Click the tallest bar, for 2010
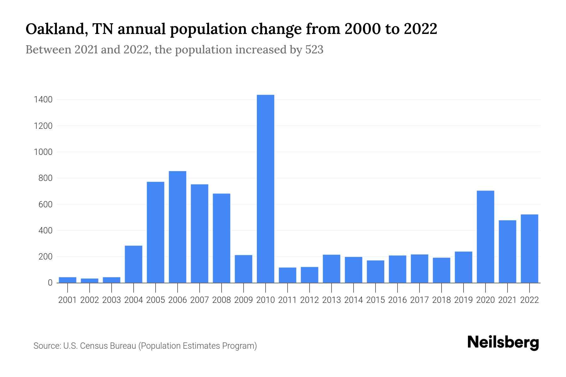[x=265, y=188]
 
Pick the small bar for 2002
[x=90, y=281]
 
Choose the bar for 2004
[x=134, y=264]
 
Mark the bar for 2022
[x=529, y=249]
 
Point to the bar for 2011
[x=287, y=275]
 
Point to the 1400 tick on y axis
[x=43, y=100]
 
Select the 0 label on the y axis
[x=50, y=283]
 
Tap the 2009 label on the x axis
[x=243, y=300]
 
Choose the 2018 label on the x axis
[x=441, y=300]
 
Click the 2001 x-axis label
[x=68, y=300]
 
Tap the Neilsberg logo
[x=503, y=342]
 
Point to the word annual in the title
[x=142, y=30]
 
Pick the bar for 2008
[x=221, y=238]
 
